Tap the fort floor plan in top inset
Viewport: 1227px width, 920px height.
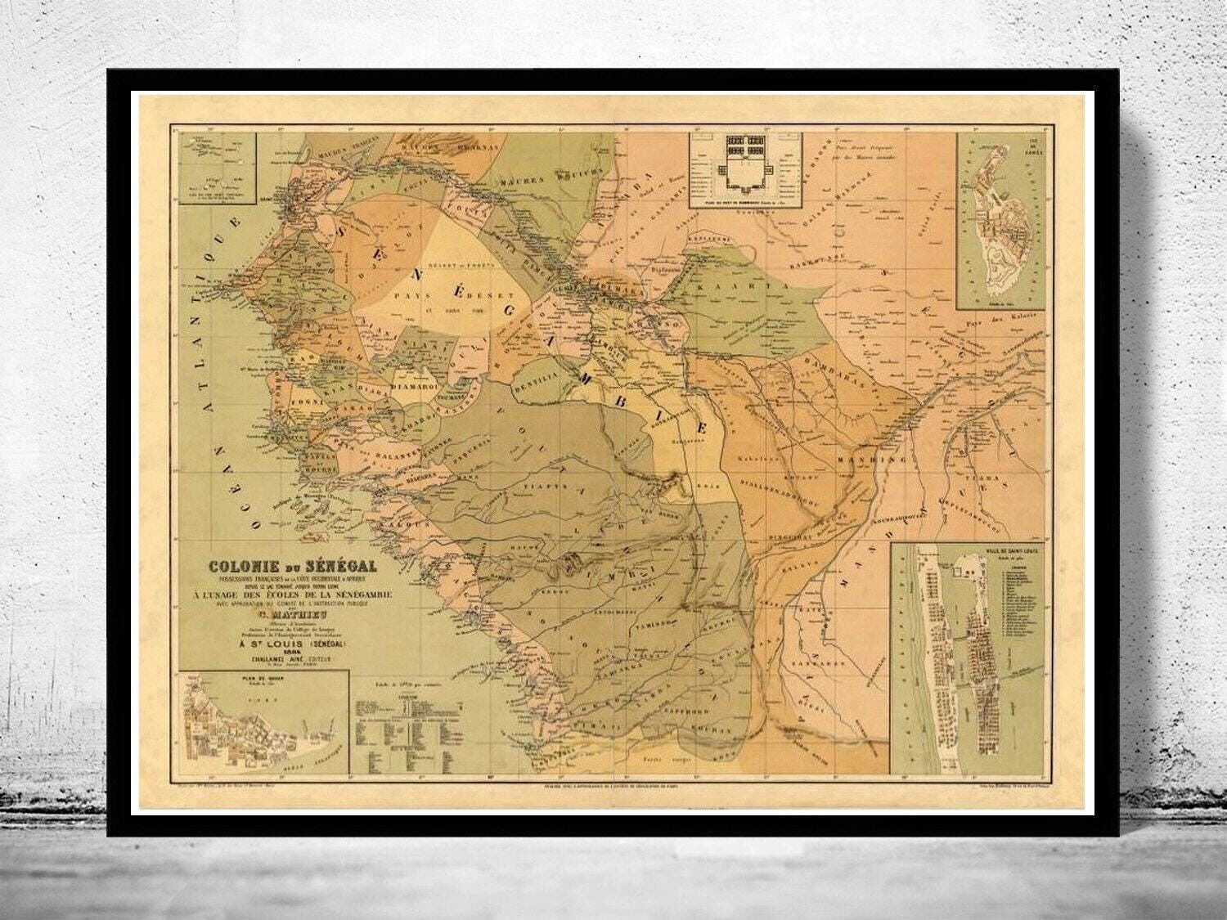[745, 159]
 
